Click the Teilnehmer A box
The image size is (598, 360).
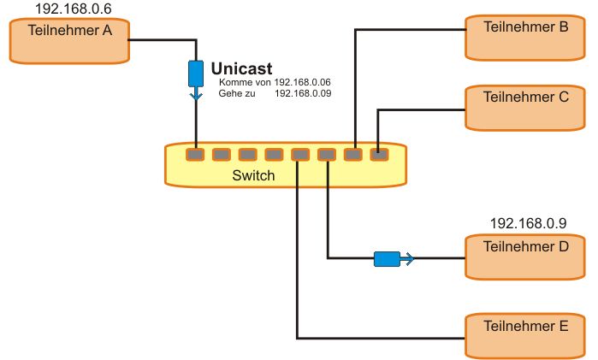[68, 40]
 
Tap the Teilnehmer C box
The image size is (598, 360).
[525, 107]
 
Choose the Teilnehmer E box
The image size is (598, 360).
[525, 335]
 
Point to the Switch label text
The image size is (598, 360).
[254, 176]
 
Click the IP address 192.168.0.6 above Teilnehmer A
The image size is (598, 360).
[73, 9]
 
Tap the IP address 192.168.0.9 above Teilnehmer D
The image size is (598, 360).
[528, 223]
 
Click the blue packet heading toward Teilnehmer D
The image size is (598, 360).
[388, 257]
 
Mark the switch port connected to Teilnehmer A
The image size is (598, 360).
[196, 155]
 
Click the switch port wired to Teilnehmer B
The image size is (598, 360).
[353, 155]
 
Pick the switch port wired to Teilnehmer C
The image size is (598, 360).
[379, 155]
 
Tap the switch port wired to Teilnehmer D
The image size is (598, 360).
[327, 155]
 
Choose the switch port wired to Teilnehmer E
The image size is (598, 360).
[299, 155]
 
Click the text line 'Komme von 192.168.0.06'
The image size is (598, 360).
[275, 82]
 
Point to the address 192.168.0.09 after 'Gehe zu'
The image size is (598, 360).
[303, 92]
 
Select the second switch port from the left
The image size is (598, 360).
[222, 155]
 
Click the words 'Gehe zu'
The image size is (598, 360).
[237, 92]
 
